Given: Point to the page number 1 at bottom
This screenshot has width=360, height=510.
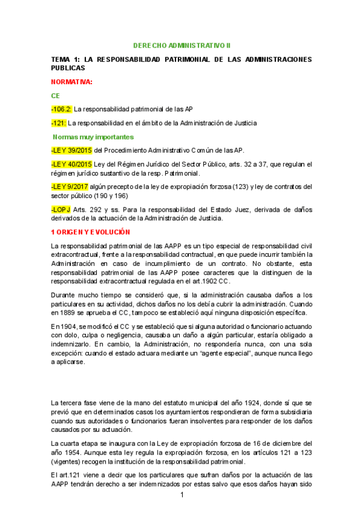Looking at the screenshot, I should pos(181,494).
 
